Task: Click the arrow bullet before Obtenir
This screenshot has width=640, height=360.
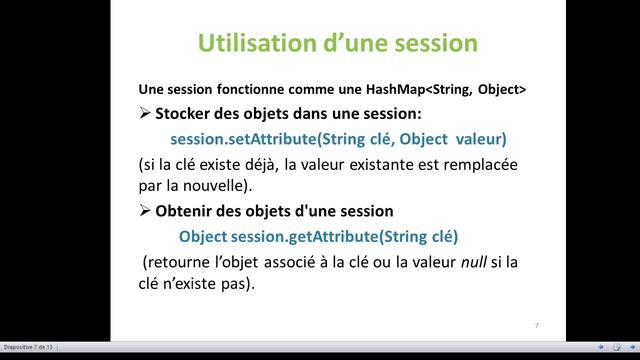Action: click(146, 211)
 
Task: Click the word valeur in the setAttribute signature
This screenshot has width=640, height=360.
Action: click(478, 138)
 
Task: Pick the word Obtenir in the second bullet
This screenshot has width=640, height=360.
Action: click(192, 211)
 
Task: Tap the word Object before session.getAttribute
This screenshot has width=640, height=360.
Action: click(203, 237)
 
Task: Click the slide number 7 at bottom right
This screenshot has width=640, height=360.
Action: click(537, 326)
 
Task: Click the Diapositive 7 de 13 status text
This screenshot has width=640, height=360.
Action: click(27, 347)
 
